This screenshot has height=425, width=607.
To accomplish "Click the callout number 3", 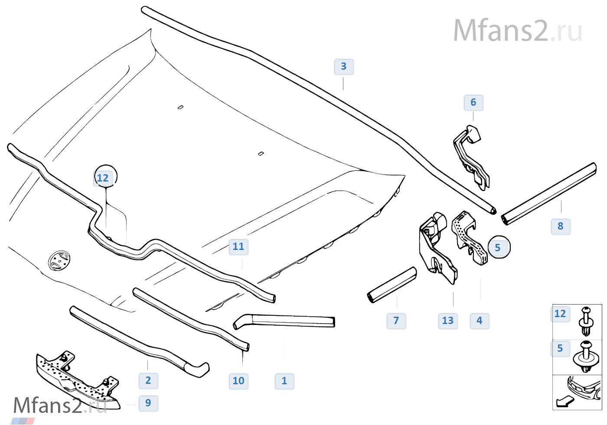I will pyautogui.click(x=344, y=67).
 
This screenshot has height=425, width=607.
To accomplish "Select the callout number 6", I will pyautogui.click(x=473, y=103).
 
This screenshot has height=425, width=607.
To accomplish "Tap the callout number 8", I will pyautogui.click(x=561, y=226).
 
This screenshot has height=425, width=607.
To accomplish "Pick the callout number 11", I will pyautogui.click(x=238, y=247).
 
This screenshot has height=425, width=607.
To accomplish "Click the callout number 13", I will pyautogui.click(x=448, y=321).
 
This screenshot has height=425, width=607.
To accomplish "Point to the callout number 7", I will pyautogui.click(x=396, y=321).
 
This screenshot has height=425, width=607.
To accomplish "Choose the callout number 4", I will pyautogui.click(x=480, y=321).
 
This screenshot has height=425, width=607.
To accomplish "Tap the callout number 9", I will pyautogui.click(x=148, y=403).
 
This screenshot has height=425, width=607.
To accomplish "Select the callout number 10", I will pyautogui.click(x=238, y=381).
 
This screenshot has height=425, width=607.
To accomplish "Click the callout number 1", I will pyautogui.click(x=284, y=381).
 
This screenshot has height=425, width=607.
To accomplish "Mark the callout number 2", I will pyautogui.click(x=148, y=381).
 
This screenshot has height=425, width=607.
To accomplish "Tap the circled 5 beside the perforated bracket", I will pyautogui.click(x=498, y=248).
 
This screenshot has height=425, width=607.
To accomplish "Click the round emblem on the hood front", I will pyautogui.click(x=59, y=260).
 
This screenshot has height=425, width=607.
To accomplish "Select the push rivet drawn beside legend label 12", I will pyautogui.click(x=586, y=321).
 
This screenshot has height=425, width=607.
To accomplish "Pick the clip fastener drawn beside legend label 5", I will pyautogui.click(x=586, y=357).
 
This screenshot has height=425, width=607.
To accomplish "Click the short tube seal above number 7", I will pyautogui.click(x=392, y=285).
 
